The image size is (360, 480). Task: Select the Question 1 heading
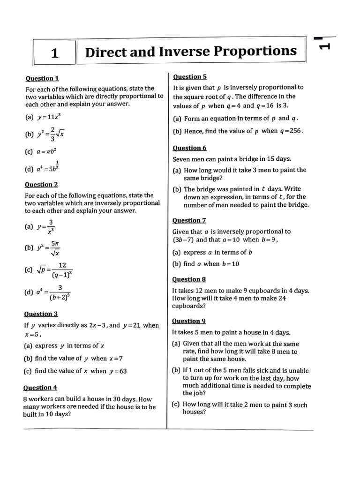point(42,78)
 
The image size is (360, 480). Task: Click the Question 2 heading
point(42,184)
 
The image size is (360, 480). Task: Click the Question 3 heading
point(41,314)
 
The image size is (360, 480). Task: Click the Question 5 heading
point(190,76)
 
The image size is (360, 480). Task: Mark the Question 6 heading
point(189,148)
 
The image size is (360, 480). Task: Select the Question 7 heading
point(189,220)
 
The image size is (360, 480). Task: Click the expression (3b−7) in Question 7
point(183,240)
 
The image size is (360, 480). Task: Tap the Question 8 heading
point(189,279)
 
